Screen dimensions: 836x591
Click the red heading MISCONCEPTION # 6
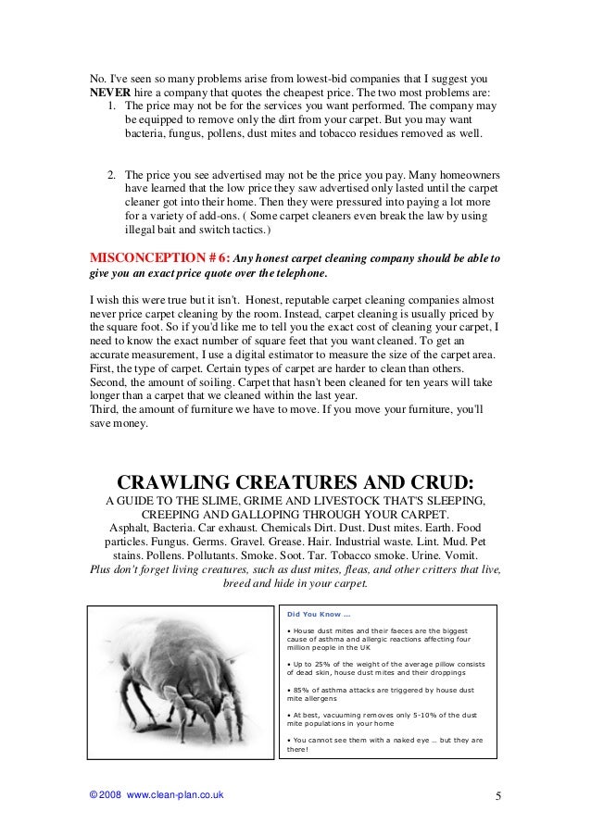pos(157,257)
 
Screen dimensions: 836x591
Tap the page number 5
pos(497,795)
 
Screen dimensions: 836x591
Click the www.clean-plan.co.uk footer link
pos(174,795)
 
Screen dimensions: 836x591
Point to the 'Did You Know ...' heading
pos(319,614)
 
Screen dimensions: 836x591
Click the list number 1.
pos(111,106)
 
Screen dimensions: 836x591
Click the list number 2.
pos(111,174)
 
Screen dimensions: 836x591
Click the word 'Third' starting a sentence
pos(105,408)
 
